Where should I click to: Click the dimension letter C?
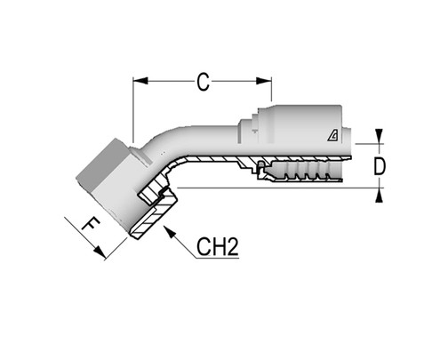tap(203, 83)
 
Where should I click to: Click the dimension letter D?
tap(380, 165)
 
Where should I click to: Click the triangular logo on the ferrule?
tap(330, 135)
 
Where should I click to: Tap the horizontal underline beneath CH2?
tap(218, 260)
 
